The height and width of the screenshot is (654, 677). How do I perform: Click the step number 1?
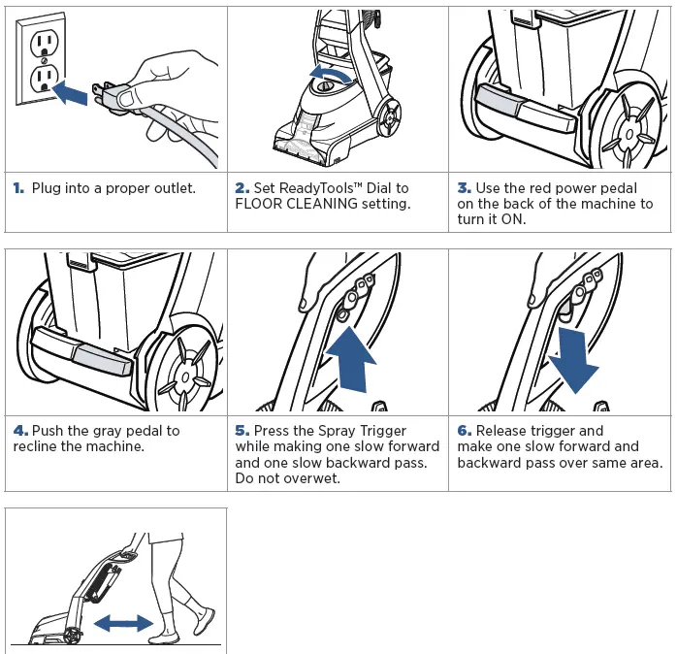point(18,187)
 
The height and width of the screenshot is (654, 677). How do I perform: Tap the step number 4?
point(19,430)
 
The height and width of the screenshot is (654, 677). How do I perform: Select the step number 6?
point(464,430)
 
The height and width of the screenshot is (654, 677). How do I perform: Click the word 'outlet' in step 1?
point(172,187)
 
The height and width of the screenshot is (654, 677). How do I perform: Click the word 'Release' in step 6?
point(504,430)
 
